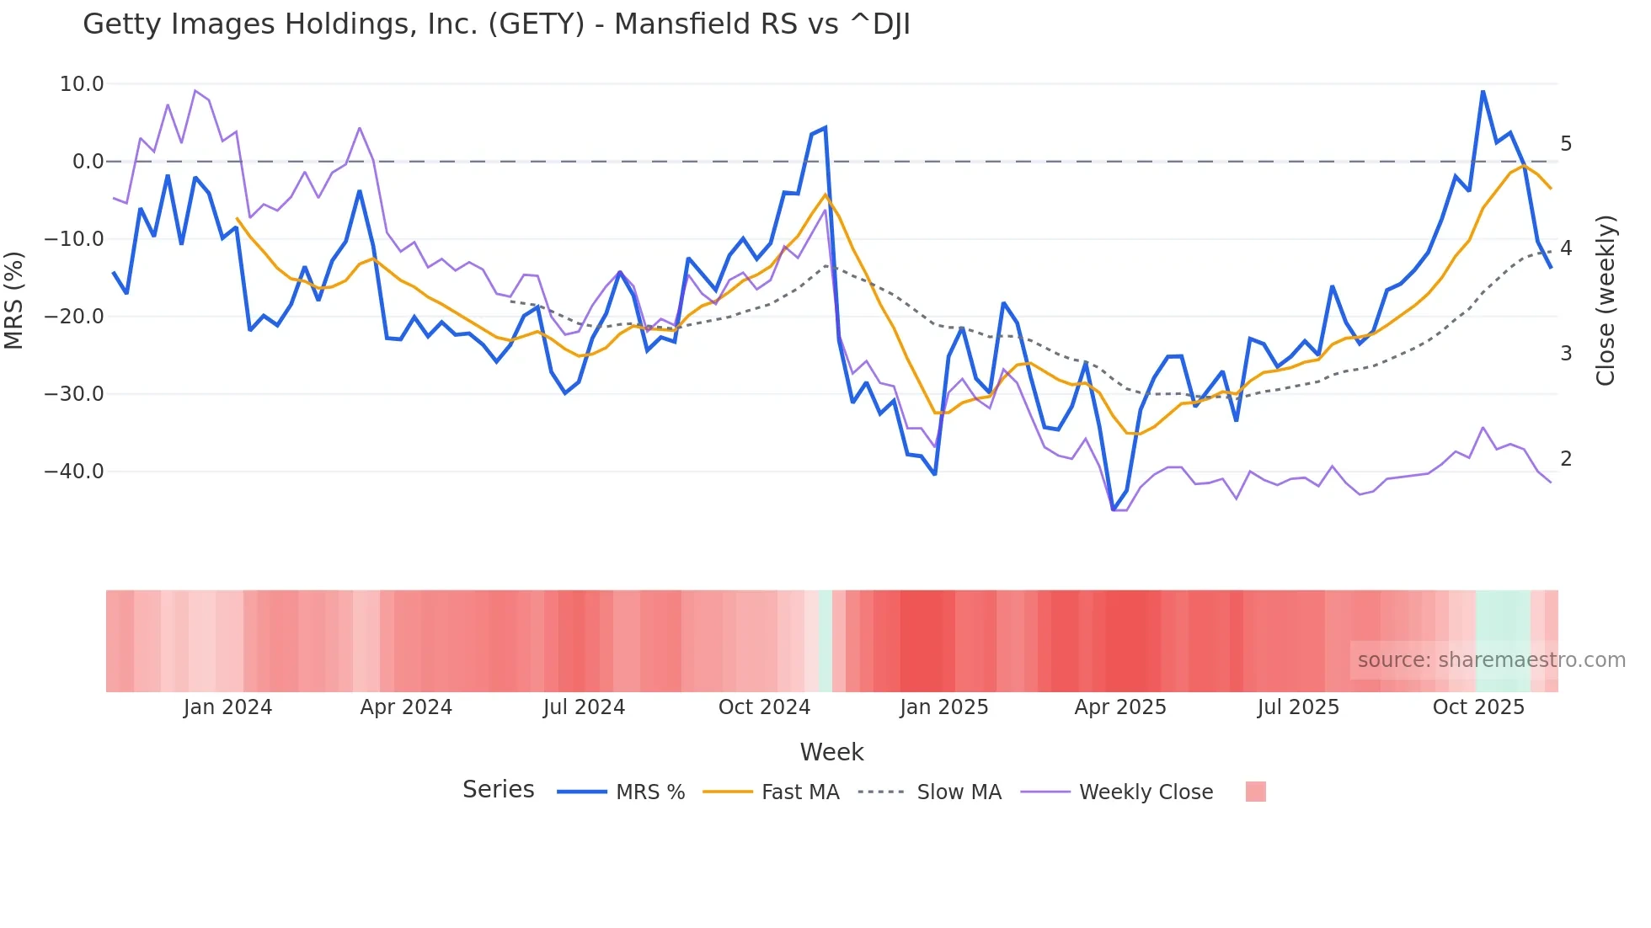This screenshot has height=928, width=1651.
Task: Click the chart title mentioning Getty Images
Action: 496,24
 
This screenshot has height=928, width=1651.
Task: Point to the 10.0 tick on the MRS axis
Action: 82,84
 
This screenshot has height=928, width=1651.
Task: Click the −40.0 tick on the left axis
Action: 75,472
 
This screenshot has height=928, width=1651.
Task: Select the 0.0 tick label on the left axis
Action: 88,162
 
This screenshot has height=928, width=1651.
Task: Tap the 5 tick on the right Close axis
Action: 1566,144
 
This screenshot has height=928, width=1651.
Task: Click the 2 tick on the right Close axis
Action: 1566,459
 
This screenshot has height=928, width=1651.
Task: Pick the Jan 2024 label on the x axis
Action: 227,707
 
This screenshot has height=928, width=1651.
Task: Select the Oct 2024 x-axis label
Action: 764,707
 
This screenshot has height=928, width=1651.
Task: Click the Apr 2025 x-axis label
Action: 1120,707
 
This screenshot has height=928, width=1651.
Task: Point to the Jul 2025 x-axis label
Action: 1298,707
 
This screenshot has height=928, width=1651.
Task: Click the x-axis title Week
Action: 831,752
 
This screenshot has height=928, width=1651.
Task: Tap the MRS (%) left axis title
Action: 14,301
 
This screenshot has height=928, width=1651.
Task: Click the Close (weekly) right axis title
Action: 1606,301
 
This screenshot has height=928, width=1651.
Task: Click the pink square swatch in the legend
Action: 1255,792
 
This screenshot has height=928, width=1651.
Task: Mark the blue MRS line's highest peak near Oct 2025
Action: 1483,91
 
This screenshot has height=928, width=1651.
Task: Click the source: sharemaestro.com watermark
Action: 1491,660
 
